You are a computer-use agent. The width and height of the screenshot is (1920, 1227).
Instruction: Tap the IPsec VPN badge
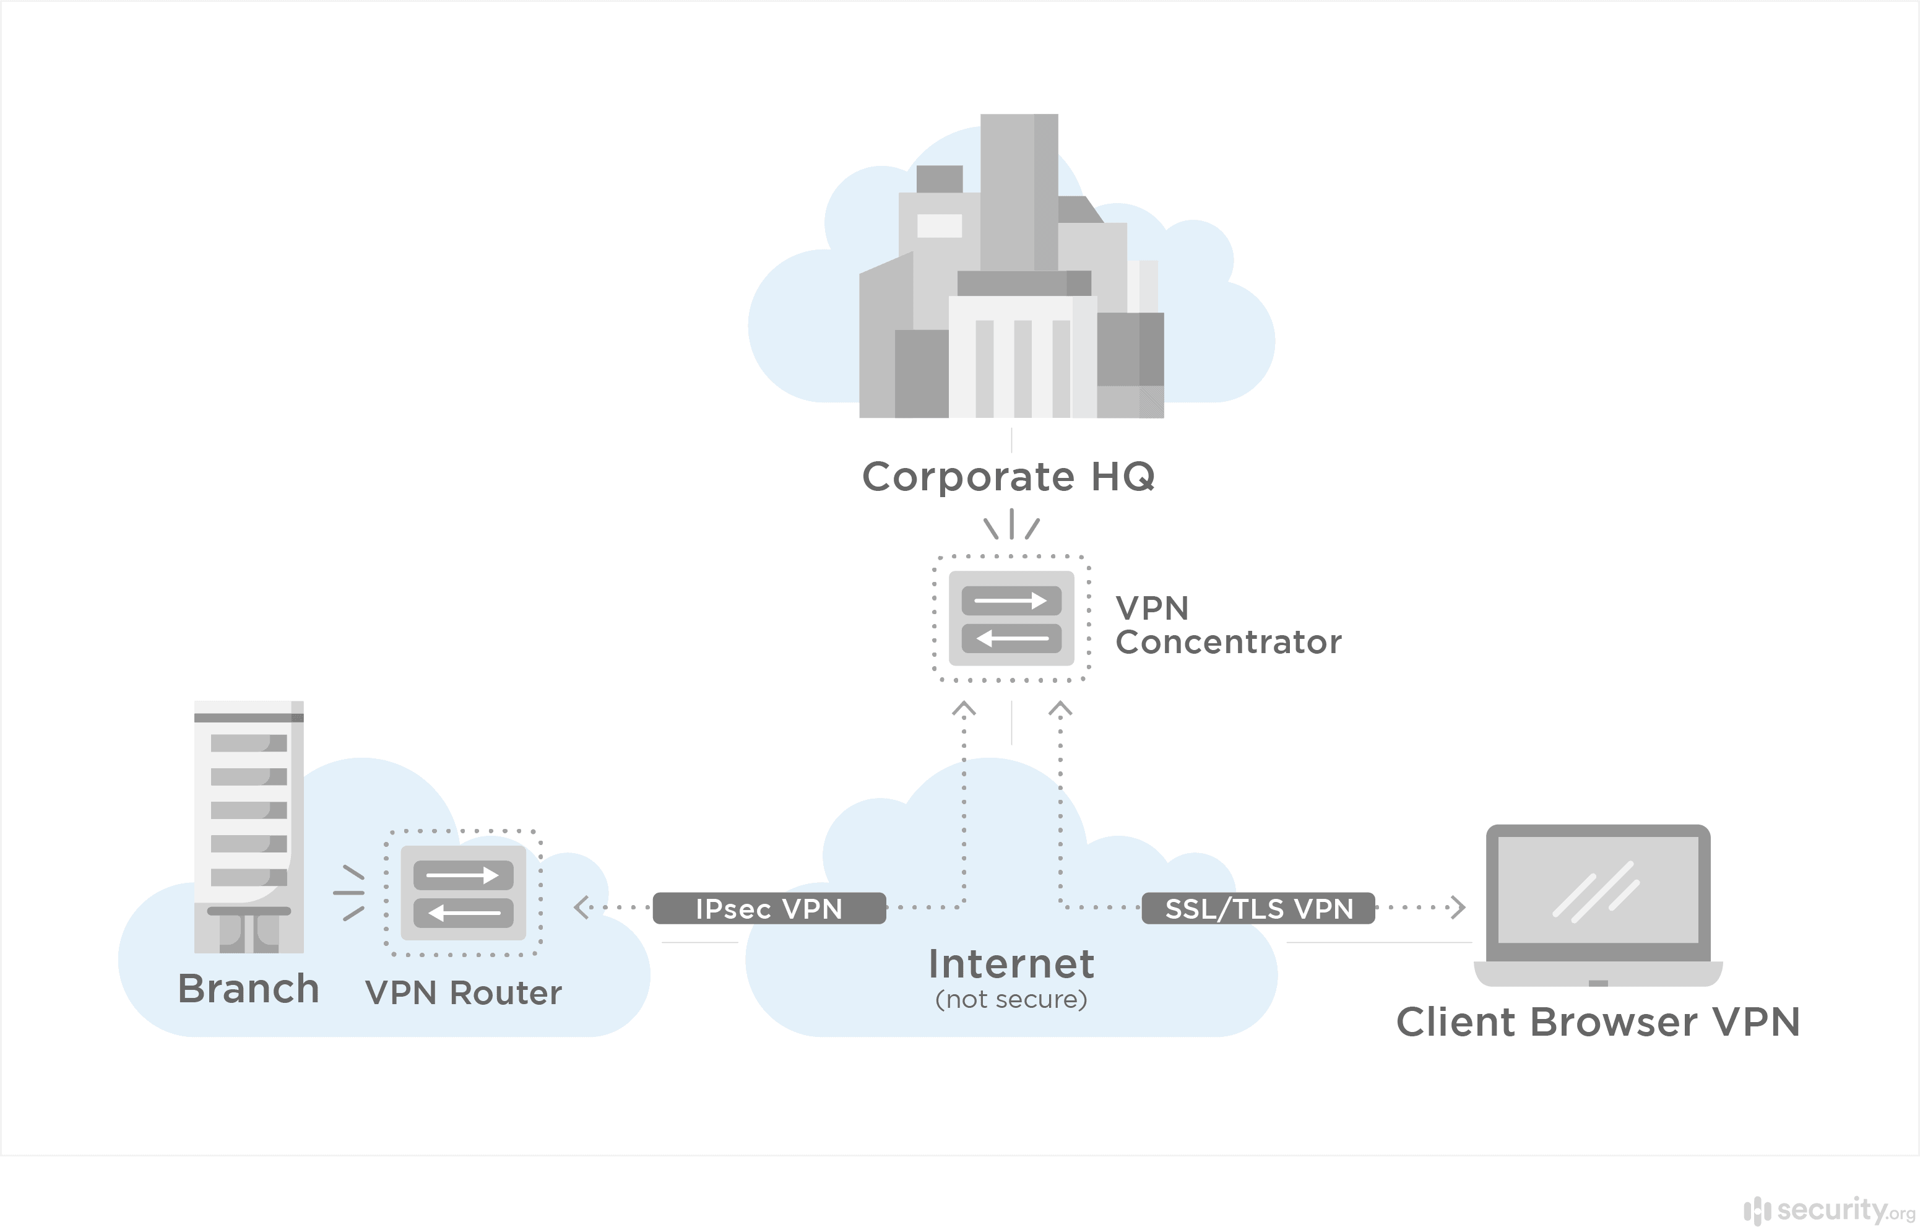pos(769,908)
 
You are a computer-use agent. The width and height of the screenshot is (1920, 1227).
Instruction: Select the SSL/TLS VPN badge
pos(1258,908)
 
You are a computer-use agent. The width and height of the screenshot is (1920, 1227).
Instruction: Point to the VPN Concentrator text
pos(1227,625)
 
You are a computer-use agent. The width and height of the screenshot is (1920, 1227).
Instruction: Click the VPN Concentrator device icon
pos(1011,618)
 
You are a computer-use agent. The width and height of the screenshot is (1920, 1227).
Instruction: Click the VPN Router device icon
pos(463,893)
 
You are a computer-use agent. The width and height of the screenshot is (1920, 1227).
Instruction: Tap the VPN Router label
pos(463,992)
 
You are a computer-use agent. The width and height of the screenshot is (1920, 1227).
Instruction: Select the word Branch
pos(248,989)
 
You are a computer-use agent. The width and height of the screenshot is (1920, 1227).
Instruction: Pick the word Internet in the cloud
pos(1011,964)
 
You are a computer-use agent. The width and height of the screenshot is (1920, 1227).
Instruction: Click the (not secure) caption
pos(1011,999)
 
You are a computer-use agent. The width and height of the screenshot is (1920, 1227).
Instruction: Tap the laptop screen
pos(1598,889)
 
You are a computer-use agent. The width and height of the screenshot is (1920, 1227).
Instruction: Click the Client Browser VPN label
pos(1598,1022)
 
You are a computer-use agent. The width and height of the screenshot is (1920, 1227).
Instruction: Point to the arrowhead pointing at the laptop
pos(1458,908)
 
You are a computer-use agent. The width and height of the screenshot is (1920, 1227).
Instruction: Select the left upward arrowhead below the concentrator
pos(964,708)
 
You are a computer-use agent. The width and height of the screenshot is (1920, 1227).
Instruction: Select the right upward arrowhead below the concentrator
pos(1060,708)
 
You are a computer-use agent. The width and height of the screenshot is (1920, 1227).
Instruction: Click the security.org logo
pos(1829,1210)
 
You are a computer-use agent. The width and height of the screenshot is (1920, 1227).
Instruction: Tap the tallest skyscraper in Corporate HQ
pos(1018,191)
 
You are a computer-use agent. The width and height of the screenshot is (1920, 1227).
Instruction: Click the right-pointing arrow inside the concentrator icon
pos(1011,600)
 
